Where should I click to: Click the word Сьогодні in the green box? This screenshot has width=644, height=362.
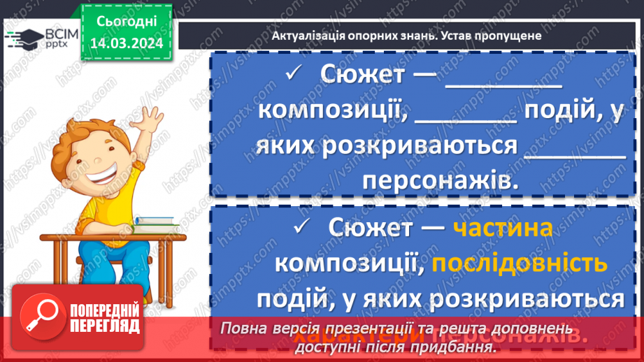(x=127, y=22)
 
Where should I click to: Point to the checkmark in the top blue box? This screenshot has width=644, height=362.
(x=293, y=72)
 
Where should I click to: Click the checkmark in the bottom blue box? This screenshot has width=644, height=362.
(x=302, y=226)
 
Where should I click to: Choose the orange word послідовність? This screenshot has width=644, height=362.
(x=519, y=263)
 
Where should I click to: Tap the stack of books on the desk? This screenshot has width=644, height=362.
(x=155, y=223)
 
